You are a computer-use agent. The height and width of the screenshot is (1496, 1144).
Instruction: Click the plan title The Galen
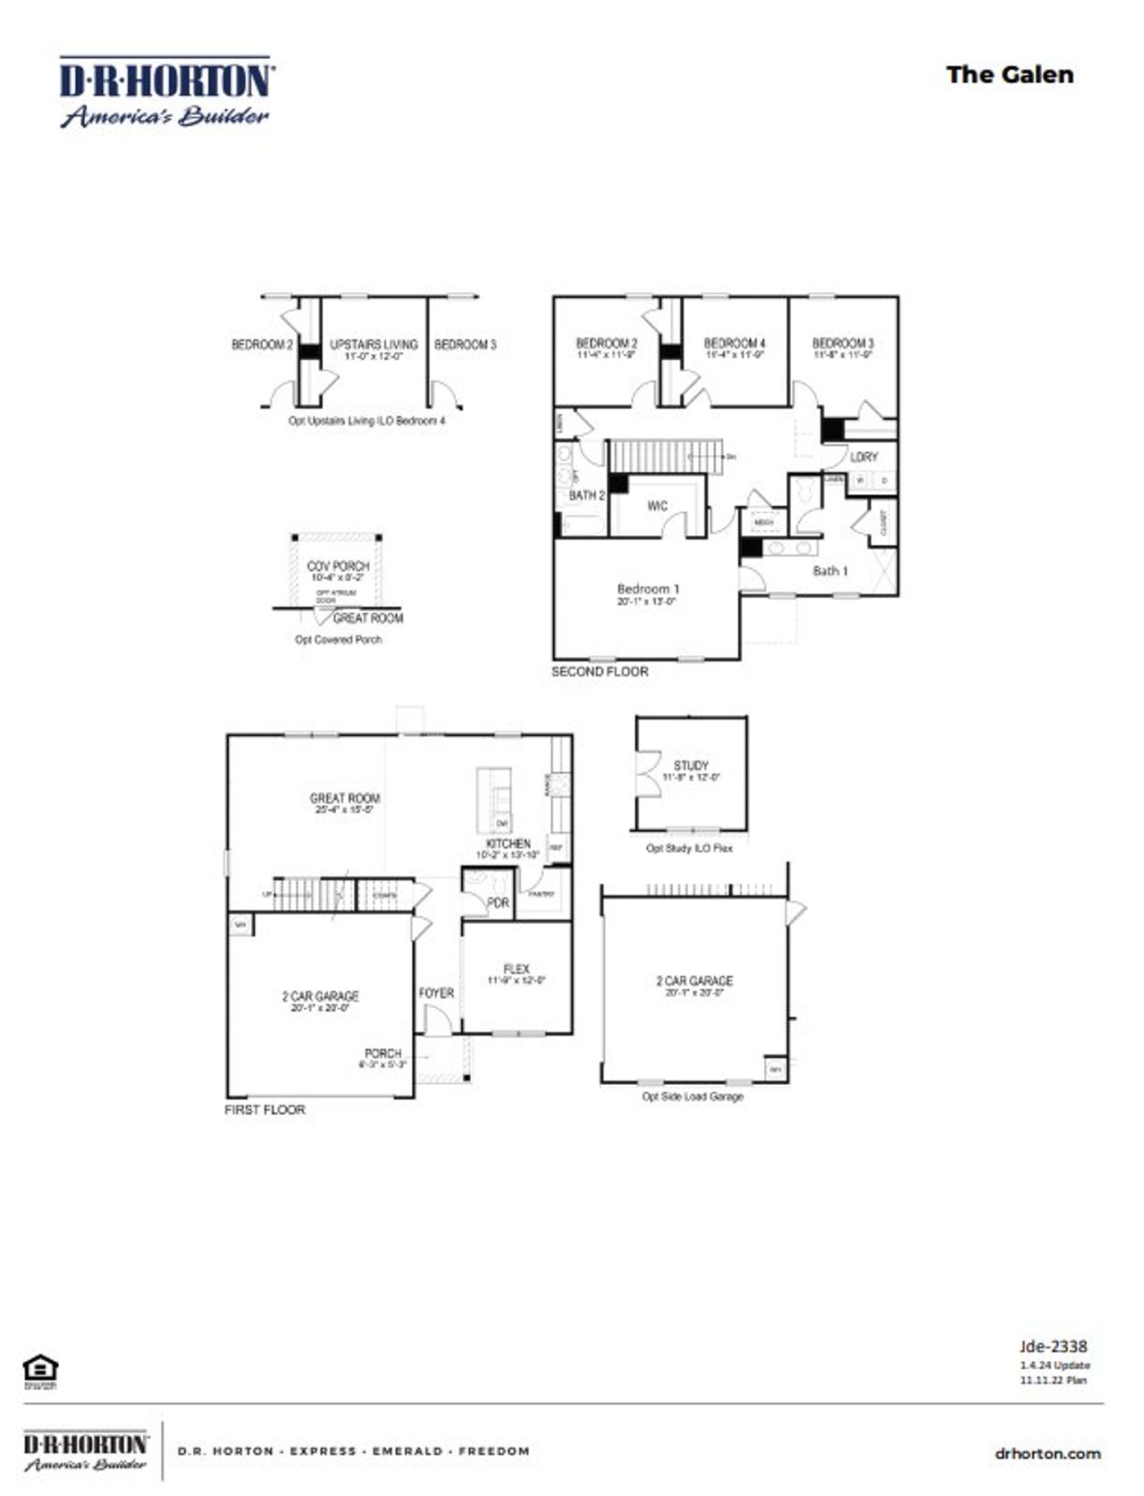1009,75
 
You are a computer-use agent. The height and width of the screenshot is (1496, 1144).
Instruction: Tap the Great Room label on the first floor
345,798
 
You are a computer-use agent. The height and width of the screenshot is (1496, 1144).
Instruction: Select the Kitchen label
508,844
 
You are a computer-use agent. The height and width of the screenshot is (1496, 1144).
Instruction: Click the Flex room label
517,969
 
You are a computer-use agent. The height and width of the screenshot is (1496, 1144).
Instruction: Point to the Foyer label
436,993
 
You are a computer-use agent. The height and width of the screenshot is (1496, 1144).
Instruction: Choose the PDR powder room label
498,903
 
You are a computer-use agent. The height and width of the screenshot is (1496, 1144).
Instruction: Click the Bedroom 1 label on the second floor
648,589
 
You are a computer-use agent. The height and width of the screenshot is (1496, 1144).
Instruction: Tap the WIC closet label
657,506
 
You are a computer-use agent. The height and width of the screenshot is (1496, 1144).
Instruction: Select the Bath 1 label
830,570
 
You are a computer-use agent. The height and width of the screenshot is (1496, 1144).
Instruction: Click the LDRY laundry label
864,457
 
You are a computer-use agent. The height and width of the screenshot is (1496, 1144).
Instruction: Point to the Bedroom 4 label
735,343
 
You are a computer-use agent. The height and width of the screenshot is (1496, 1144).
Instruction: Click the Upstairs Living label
374,344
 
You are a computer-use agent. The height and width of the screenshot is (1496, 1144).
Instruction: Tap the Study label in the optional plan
691,766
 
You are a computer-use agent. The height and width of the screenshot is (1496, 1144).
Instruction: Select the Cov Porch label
338,566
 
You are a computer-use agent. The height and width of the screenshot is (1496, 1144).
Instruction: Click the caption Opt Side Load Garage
693,1097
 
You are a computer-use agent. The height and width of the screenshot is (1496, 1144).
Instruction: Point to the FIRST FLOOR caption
265,1110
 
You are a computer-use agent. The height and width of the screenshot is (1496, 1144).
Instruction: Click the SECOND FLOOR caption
600,671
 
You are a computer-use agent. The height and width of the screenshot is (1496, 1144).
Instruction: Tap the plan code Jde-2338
1054,1346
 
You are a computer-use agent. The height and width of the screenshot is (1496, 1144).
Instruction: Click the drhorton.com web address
1047,1454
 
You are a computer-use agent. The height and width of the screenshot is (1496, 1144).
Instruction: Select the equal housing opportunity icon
40,1369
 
